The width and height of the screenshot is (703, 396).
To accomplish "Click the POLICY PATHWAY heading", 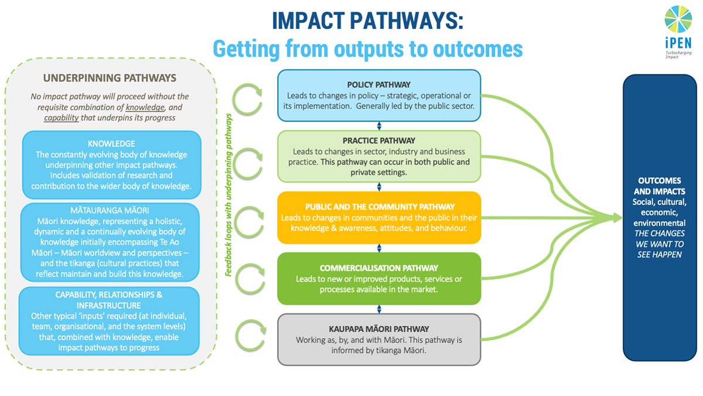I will click(379, 84).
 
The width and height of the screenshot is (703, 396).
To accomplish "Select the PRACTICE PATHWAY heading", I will click(379, 141).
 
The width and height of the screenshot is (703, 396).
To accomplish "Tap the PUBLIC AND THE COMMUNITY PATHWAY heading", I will click(380, 207).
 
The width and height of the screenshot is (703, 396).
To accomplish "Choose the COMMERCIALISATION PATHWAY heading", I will click(379, 268).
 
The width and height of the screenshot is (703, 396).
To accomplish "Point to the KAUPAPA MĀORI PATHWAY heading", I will click(379, 329).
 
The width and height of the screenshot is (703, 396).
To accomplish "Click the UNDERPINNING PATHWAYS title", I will click(110, 78).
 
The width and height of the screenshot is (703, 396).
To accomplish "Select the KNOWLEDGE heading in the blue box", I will click(111, 144).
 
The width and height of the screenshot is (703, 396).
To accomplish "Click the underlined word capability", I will click(62, 118).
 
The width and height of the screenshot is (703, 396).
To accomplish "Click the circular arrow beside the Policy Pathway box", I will click(248, 99).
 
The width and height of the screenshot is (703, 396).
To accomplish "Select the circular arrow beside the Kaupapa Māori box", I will click(251, 336).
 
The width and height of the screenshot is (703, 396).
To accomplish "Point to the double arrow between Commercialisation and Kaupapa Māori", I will click(379, 309).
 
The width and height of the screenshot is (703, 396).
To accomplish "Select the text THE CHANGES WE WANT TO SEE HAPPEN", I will click(660, 244).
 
